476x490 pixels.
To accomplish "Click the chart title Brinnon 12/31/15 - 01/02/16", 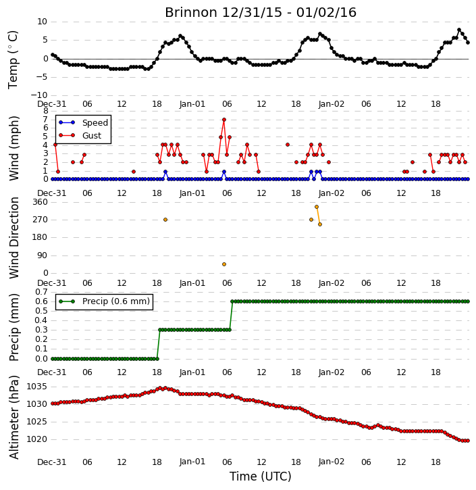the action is (261, 12).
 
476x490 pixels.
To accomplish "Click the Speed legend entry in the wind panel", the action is (95, 123).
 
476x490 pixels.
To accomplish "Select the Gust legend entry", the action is (92, 136).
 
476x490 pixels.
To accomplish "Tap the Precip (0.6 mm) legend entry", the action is (116, 301).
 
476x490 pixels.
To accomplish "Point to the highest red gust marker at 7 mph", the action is (223, 120).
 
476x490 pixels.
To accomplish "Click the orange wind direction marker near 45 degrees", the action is (223, 264).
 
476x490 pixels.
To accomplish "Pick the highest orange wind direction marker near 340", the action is (317, 207).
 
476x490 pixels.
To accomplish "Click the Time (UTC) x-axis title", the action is (261, 476).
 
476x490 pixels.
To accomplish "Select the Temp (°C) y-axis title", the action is (13, 59).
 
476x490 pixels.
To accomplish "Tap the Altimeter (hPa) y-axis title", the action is (14, 417).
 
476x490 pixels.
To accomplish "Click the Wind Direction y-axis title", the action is (14, 238).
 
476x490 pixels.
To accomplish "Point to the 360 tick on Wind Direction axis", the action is (41, 202).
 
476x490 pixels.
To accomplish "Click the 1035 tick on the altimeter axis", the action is (37, 387).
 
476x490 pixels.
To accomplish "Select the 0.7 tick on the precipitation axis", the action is (41, 292).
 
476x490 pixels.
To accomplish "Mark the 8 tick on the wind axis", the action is (45, 112).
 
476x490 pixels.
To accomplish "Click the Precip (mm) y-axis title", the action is (14, 328).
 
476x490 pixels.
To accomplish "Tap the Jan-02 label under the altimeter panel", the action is (331, 462).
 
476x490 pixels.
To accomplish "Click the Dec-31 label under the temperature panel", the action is (52, 104).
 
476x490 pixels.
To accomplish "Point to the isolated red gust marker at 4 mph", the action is (288, 145).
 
